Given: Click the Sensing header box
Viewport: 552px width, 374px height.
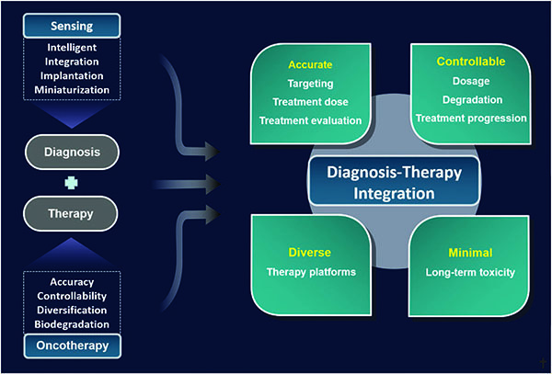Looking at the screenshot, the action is pyautogui.click(x=72, y=26).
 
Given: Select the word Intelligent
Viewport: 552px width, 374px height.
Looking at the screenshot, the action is pyautogui.click(x=72, y=48).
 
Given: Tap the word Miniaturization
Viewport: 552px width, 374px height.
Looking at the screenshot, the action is pyautogui.click(x=72, y=90).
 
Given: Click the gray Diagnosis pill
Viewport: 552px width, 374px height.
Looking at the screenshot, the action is pyautogui.click(x=72, y=153).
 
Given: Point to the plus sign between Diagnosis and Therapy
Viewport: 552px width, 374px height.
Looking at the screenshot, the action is pyautogui.click(x=72, y=183).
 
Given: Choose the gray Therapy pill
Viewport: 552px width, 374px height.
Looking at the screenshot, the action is pyautogui.click(x=71, y=213).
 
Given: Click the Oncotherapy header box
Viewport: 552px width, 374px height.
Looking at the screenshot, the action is pyautogui.click(x=72, y=346).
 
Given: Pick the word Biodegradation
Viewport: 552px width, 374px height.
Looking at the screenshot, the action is pyautogui.click(x=72, y=324).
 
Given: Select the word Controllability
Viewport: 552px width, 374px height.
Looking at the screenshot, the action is pyautogui.click(x=72, y=296).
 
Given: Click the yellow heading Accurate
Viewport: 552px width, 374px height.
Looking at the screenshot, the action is pyautogui.click(x=310, y=64).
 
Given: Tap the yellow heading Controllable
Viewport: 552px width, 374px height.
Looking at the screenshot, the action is pyautogui.click(x=471, y=62).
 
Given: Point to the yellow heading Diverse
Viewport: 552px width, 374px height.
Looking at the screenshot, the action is pyautogui.click(x=310, y=253).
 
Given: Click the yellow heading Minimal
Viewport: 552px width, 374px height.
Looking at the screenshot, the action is pyautogui.click(x=470, y=253).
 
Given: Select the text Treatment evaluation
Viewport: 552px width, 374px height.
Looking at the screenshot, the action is pyautogui.click(x=311, y=120).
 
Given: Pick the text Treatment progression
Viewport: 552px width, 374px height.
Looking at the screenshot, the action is pyautogui.click(x=471, y=119).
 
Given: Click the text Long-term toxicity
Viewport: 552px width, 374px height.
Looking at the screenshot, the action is pyautogui.click(x=470, y=272).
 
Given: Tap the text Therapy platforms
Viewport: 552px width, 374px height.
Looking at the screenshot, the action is pyautogui.click(x=311, y=272).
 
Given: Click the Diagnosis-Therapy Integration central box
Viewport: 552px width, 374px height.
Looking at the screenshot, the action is pyautogui.click(x=395, y=181).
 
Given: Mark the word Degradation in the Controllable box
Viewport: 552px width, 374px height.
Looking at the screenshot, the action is pyautogui.click(x=473, y=100).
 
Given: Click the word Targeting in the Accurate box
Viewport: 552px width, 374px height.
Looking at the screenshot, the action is pyautogui.click(x=311, y=84).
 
